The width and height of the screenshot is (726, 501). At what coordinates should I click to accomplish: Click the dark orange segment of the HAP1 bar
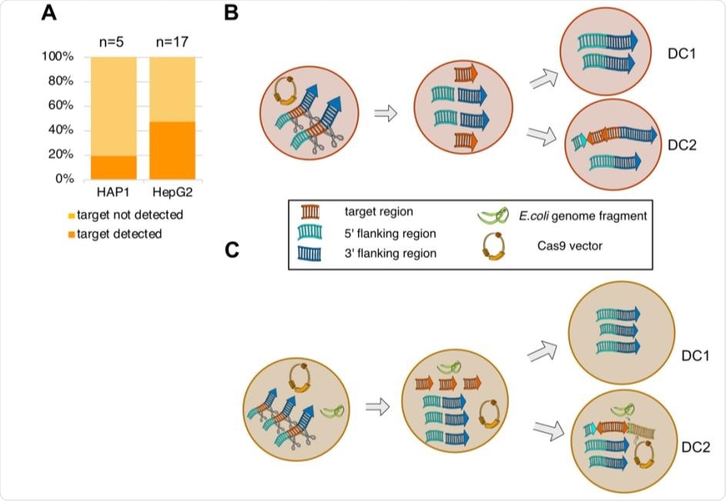[113, 167]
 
